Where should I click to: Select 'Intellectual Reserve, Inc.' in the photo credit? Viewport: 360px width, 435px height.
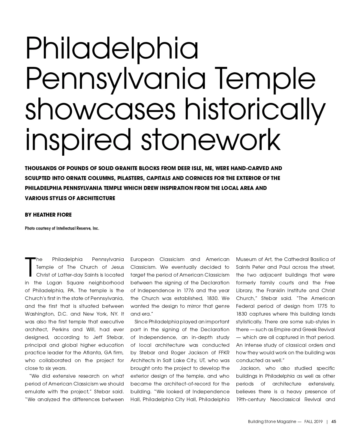coord(78,228)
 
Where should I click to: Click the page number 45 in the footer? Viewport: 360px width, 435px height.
coord(334,421)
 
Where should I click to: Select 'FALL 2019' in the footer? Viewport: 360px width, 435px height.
coord(313,421)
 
